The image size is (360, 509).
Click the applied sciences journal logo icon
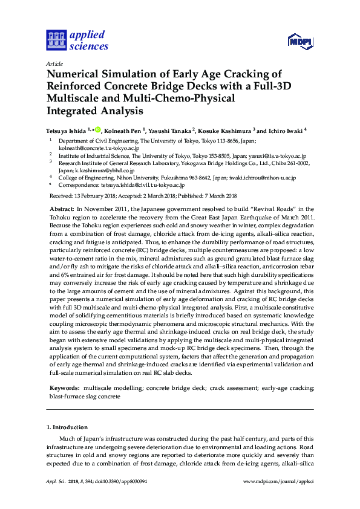(x=56, y=40)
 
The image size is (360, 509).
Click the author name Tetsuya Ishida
(x=67, y=130)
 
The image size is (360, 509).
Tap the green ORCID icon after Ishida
(x=97, y=129)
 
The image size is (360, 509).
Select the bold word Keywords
(x=62, y=386)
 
